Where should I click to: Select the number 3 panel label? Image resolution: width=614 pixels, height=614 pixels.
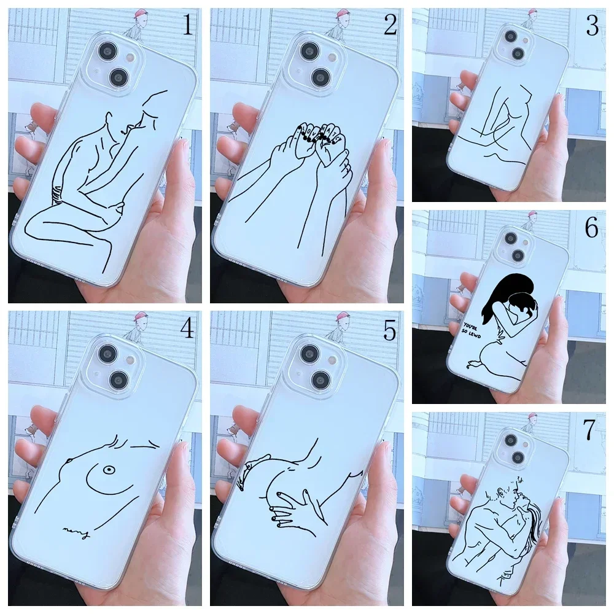click(592, 27)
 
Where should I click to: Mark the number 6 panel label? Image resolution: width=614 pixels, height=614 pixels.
click(591, 228)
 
